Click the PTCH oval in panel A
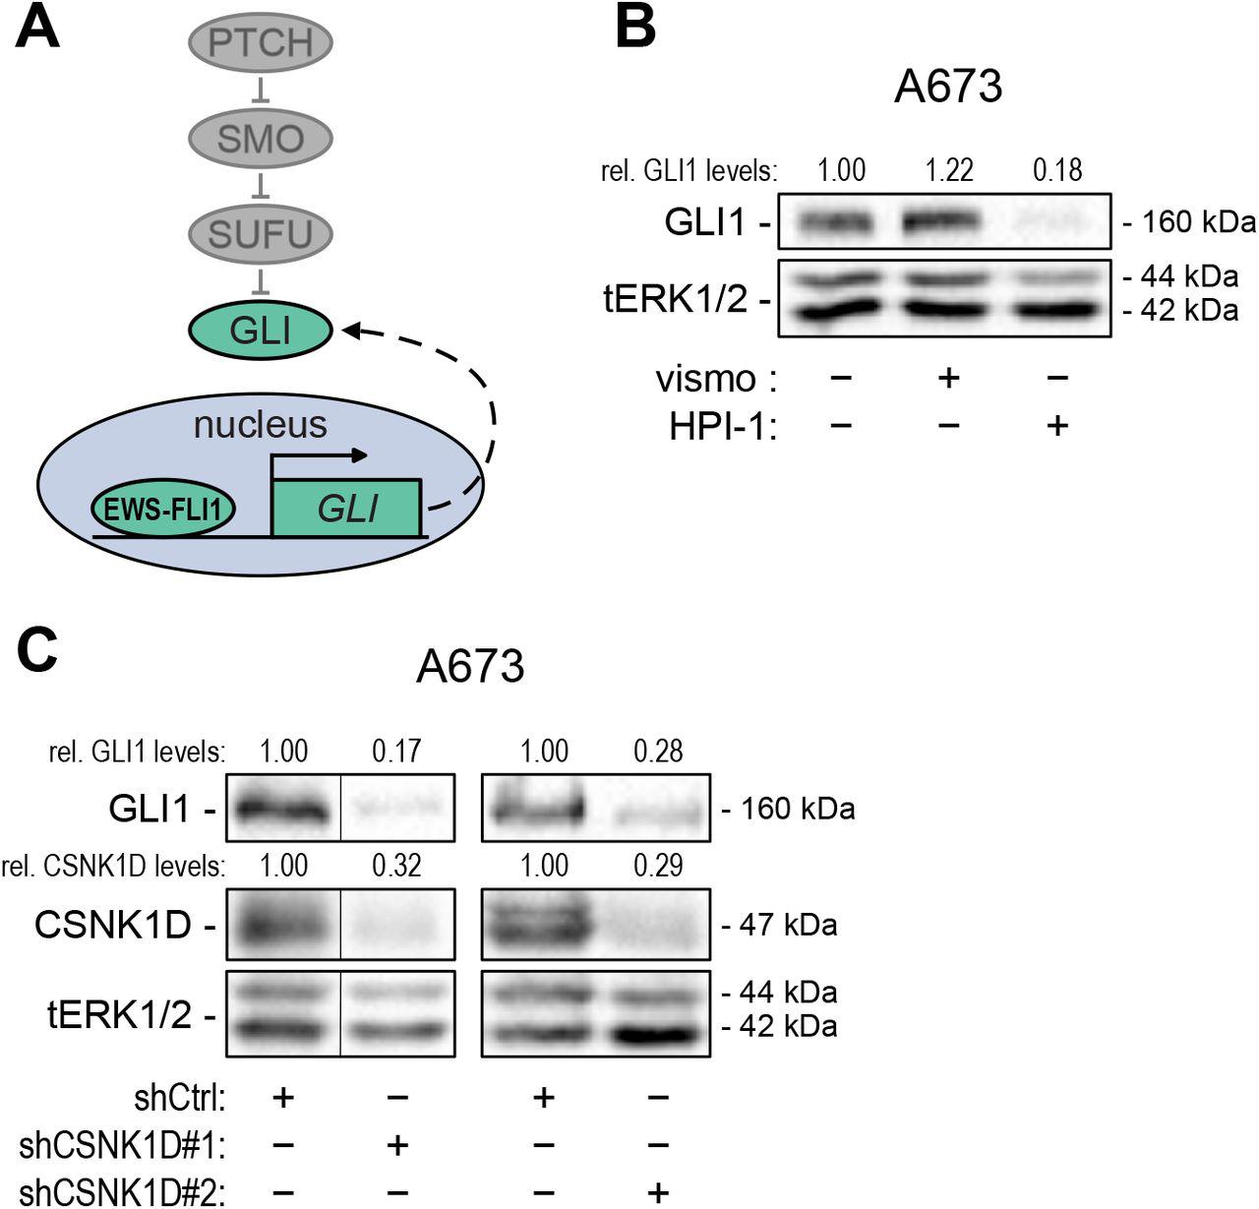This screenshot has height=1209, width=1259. point(261,42)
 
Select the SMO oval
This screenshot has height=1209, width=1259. point(261,139)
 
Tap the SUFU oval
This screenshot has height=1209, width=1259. point(261,234)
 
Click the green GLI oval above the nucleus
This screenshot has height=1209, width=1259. point(261,331)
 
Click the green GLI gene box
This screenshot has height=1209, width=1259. point(347,509)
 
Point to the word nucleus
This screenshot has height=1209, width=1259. point(260,425)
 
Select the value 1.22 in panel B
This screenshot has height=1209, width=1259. point(948,170)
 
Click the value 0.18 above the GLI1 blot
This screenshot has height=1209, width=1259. point(1057,170)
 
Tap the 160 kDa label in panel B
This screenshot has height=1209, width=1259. point(1190,222)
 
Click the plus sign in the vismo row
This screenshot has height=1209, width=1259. point(948,378)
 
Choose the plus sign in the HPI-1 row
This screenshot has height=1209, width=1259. point(1057,426)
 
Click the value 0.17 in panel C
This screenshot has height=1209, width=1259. point(396,752)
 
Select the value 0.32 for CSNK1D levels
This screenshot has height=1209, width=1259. point(396,866)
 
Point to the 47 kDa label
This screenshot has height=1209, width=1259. point(779,925)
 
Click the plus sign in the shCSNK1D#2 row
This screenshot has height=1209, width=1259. point(658,1192)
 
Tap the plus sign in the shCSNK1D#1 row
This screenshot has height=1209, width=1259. point(397,1144)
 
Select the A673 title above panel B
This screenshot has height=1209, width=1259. point(948,87)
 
